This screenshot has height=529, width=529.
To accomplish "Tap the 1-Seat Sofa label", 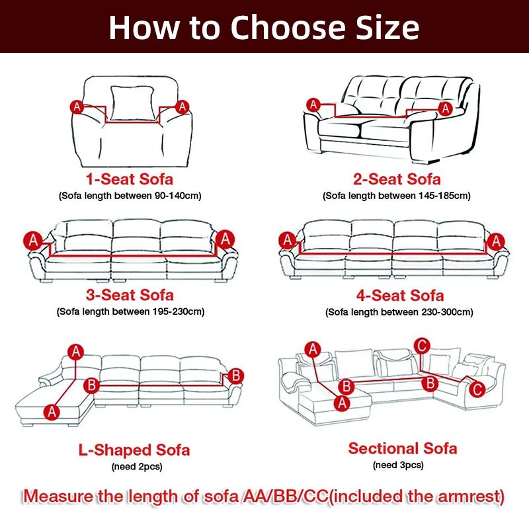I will point(130,179).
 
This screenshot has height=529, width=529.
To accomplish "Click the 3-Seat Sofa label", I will point(130,295).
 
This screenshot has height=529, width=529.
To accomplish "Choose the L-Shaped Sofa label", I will point(134,450).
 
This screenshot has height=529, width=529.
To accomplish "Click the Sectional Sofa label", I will point(402,448).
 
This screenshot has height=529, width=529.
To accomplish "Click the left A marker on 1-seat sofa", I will point(77,106).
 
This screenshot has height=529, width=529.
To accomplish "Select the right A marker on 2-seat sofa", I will point(446,108).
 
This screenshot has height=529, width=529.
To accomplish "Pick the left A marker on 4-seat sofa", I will point(287,240).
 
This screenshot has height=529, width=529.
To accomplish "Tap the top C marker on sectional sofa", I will point(420,344).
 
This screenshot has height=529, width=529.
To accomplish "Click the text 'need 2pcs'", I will point(134,468).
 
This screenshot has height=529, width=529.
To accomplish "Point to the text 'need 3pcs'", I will point(398,466).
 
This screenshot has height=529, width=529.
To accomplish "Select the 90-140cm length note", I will point(130,196).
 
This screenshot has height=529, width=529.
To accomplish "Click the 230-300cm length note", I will point(398,312).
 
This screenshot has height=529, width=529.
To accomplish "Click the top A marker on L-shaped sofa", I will point(77,352).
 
